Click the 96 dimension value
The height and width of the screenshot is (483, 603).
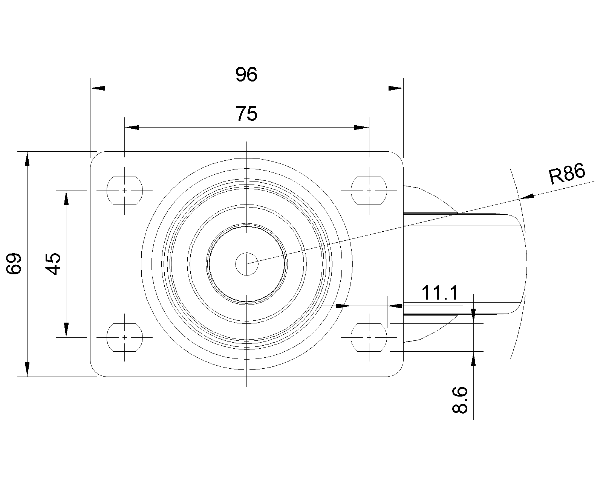246,74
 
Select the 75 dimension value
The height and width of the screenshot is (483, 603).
246,114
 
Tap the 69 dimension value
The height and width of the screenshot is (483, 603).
14,264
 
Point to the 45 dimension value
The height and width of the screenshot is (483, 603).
53,264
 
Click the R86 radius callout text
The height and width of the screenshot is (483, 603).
566,174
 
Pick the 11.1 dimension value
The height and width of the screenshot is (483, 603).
440,293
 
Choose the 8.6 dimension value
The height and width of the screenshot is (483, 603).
460,400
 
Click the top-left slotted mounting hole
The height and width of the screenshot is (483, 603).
125,191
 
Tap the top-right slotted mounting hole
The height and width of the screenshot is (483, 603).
369,191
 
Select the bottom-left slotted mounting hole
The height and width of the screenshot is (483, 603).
125,337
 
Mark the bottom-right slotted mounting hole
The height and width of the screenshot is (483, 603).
369,337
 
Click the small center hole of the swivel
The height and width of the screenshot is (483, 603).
246,264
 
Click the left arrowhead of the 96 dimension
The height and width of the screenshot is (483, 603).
98,88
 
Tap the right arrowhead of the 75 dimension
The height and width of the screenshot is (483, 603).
361,128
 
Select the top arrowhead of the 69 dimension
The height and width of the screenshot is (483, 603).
27,159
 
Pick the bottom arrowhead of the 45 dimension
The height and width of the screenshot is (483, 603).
66,330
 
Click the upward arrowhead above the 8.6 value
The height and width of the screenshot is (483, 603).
473,359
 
